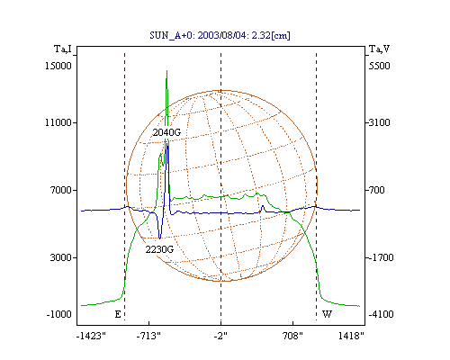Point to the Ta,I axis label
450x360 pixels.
(63, 49)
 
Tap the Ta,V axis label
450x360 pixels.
(379, 49)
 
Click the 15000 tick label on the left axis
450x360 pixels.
(58, 66)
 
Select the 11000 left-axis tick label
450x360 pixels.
(58, 122)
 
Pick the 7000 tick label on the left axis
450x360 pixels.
(62, 190)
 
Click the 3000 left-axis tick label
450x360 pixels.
(61, 257)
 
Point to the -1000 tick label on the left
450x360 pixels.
(59, 314)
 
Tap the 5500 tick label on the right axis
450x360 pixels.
(380, 66)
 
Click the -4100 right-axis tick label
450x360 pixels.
(381, 314)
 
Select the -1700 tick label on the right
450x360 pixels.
(381, 257)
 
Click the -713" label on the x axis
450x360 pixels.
(148, 336)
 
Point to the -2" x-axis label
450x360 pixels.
(220, 336)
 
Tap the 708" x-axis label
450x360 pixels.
(292, 336)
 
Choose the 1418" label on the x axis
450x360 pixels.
(351, 336)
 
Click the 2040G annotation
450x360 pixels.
(166, 132)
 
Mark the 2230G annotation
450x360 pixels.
(159, 249)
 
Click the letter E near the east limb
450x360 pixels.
(118, 314)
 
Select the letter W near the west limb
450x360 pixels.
(327, 314)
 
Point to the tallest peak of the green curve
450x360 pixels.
(166, 71)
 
